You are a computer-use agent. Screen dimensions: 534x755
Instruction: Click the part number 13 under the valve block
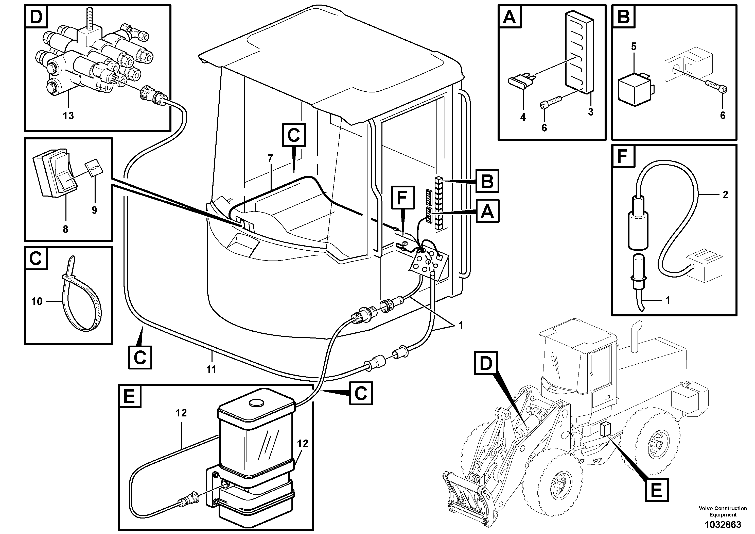[68, 116]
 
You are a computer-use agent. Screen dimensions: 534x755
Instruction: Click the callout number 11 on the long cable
[211, 369]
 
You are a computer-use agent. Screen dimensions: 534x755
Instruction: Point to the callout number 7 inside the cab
[270, 158]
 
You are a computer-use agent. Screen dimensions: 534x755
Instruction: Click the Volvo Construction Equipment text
[723, 512]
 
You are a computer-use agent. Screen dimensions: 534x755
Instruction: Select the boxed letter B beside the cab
[487, 181]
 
